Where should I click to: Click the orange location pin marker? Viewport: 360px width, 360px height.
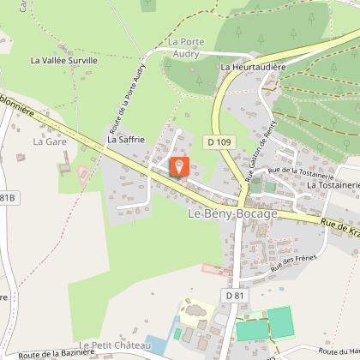179,166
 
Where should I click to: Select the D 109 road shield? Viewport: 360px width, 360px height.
218,139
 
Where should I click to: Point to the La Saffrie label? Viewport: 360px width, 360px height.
125,137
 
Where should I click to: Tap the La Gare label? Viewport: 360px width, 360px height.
50,141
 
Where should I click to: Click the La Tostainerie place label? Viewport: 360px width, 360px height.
333,184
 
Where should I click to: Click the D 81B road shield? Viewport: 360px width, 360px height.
7,199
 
